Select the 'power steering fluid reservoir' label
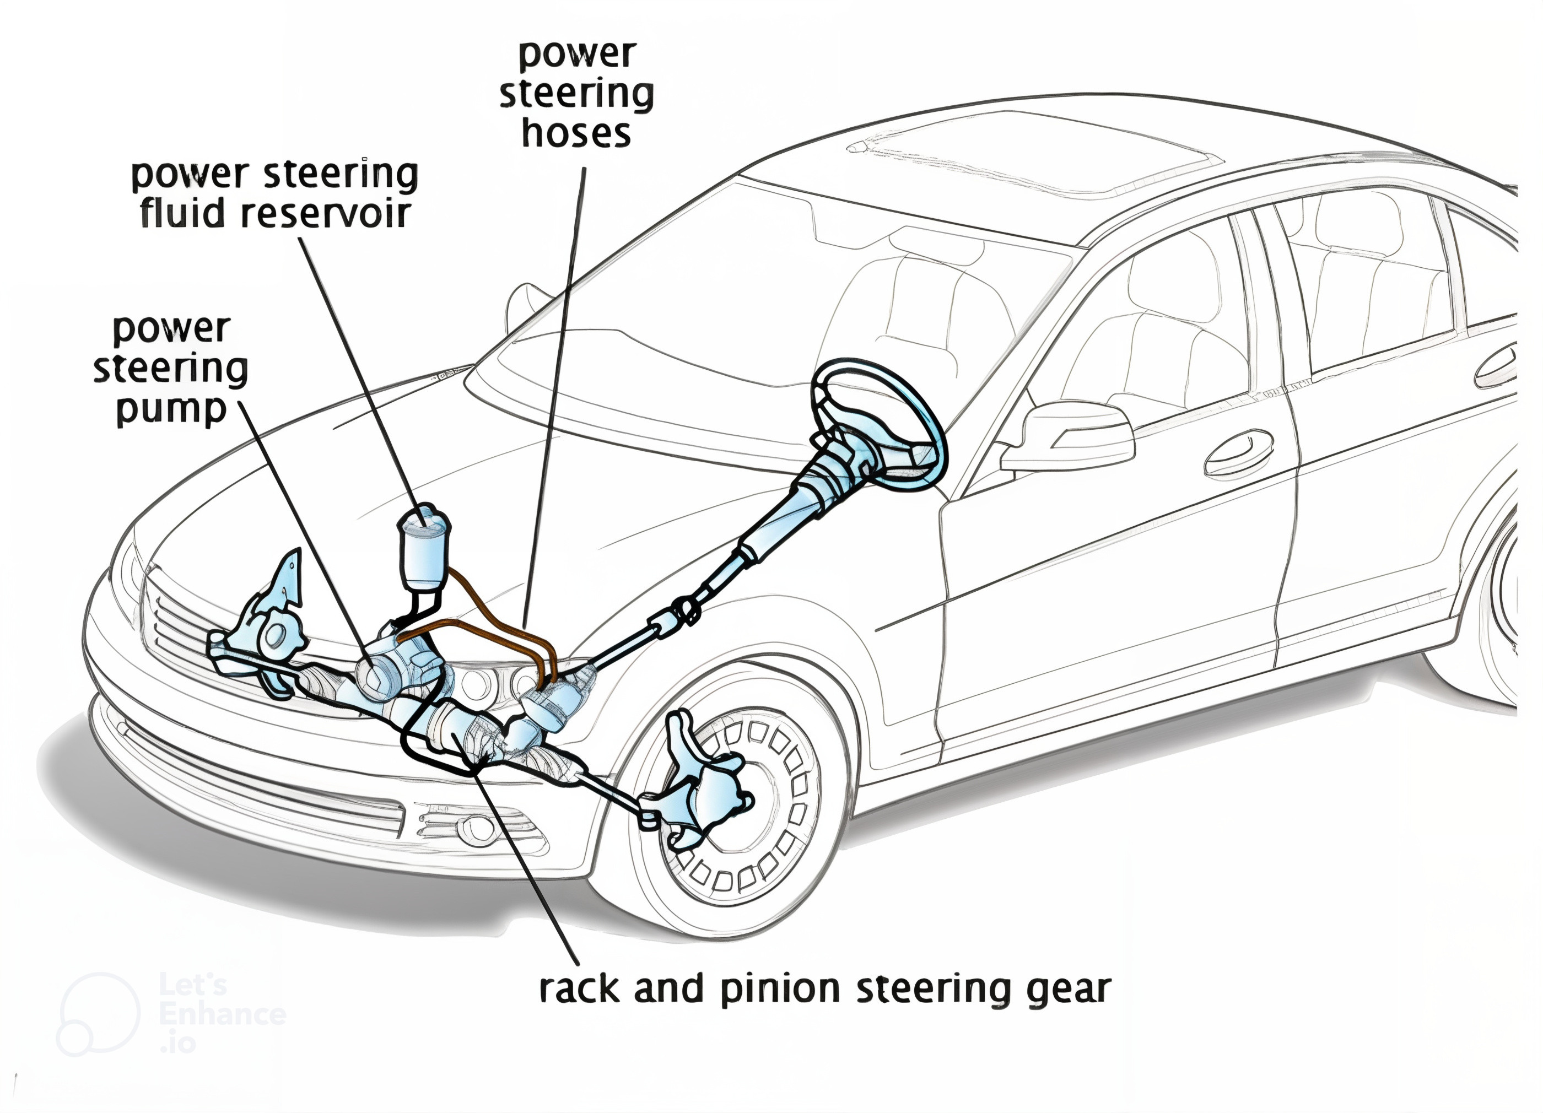274,194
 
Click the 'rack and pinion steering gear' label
824,990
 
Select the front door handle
1238,452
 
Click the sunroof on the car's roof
1034,160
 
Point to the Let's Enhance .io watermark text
221,1014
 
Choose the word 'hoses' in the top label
576,133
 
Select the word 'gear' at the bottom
1075,991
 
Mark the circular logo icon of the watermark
99,1014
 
